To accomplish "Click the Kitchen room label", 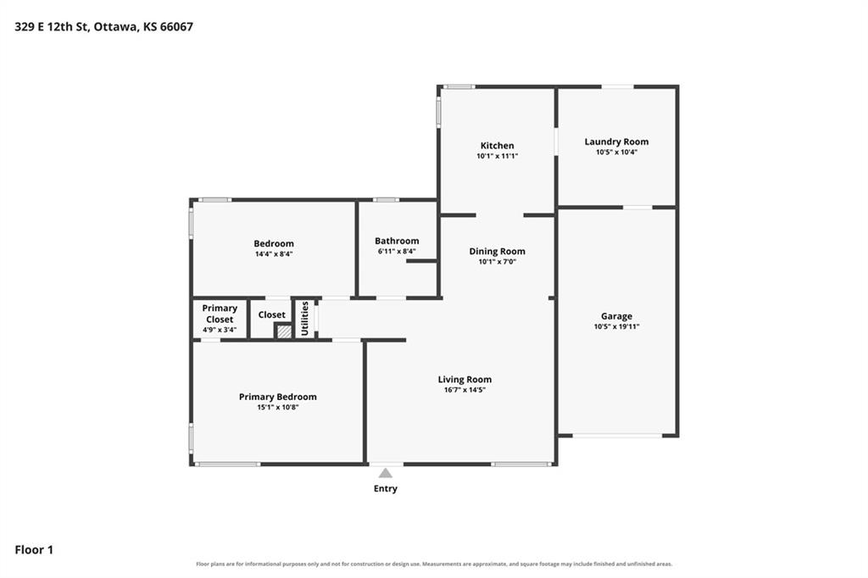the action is pos(497,146).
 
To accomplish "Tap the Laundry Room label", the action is pos(617,142).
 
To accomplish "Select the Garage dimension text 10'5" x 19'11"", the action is pos(617,326).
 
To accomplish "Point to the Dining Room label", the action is pos(497,252).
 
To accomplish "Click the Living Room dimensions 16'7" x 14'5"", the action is pos(465,390).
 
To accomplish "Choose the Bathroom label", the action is pos(397,241).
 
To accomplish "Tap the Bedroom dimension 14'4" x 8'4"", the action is pos(274,254).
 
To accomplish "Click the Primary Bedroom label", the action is pos(278,397).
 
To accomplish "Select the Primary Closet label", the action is pos(220,314).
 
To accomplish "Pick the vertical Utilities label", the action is pos(304,319).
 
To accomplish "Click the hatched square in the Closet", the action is pos(284,331).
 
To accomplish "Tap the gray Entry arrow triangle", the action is pos(386,473).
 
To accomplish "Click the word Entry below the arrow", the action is pos(386,488).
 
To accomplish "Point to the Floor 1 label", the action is pos(34,550).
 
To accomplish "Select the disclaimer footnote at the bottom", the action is pos(434,564).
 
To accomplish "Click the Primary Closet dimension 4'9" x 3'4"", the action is pos(220,330).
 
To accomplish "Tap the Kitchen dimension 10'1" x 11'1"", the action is pos(497,156).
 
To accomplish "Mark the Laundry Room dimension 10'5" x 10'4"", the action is pos(617,153).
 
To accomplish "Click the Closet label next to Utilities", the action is pos(272,314).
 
